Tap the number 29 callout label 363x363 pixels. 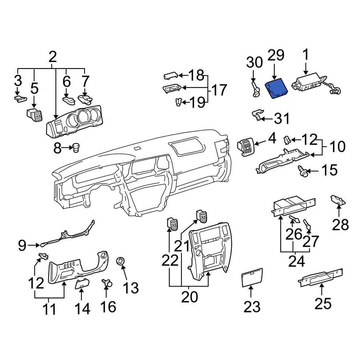(276, 56)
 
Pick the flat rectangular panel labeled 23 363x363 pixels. (252, 278)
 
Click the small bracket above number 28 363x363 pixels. (338, 200)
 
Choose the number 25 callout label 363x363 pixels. (323, 303)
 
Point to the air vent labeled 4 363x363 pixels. (246, 147)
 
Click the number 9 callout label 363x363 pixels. (23, 246)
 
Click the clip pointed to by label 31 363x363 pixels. (258, 115)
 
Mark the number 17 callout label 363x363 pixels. (219, 90)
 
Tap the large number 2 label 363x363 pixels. (53, 57)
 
